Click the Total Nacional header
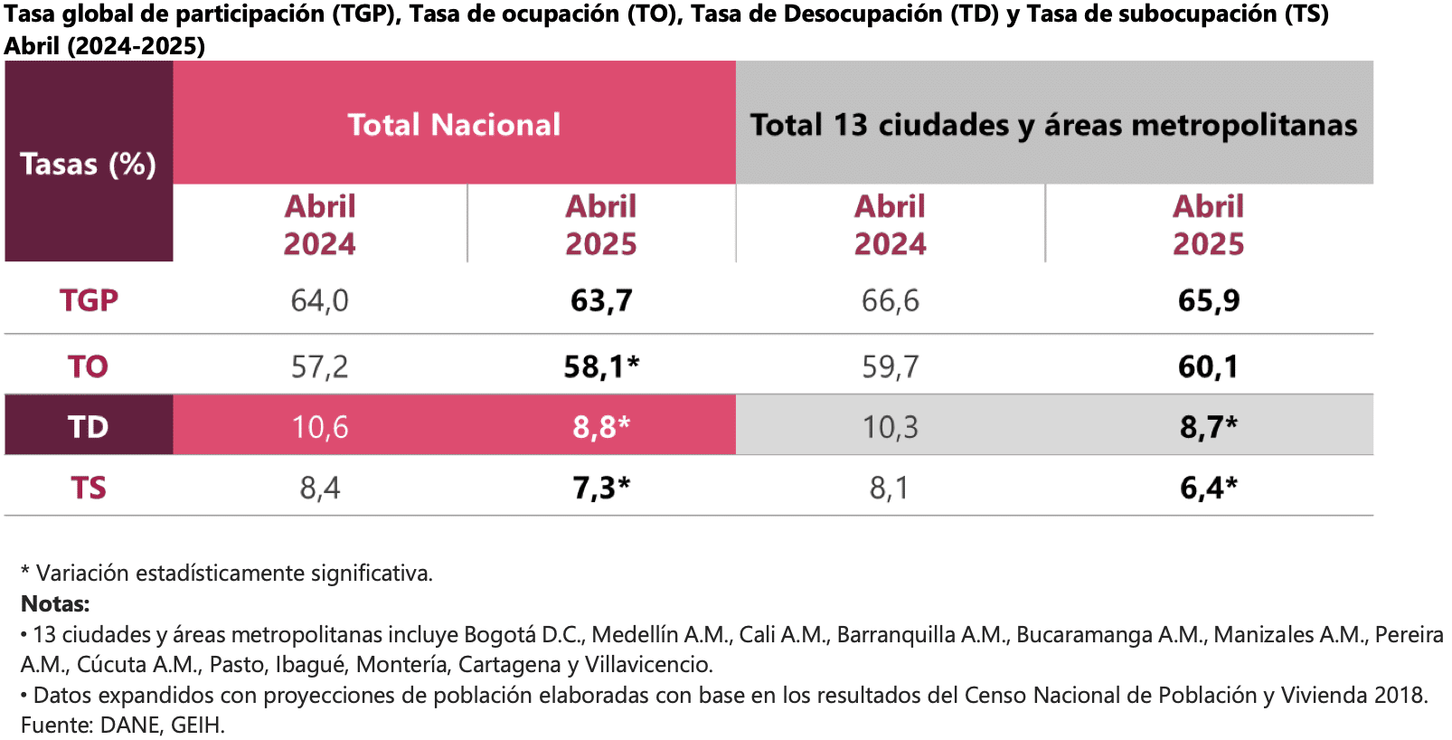[x=454, y=125]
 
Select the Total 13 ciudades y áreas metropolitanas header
[x=1053, y=125]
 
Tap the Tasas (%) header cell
[x=88, y=164]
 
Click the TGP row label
[x=89, y=300]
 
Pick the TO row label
[x=88, y=366]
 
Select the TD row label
[x=88, y=427]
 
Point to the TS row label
[x=89, y=488]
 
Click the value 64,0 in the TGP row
[x=319, y=300]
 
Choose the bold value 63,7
[x=601, y=300]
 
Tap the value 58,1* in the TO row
[x=601, y=366]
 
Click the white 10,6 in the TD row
[x=319, y=427]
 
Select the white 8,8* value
[x=601, y=427]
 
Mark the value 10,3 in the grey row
[x=890, y=427]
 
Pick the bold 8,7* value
[x=1208, y=427]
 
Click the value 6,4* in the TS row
[x=1208, y=488]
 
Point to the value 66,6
[x=890, y=300]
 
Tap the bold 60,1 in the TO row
[x=1208, y=366]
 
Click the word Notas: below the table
[x=55, y=603]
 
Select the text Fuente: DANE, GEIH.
[x=123, y=725]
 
